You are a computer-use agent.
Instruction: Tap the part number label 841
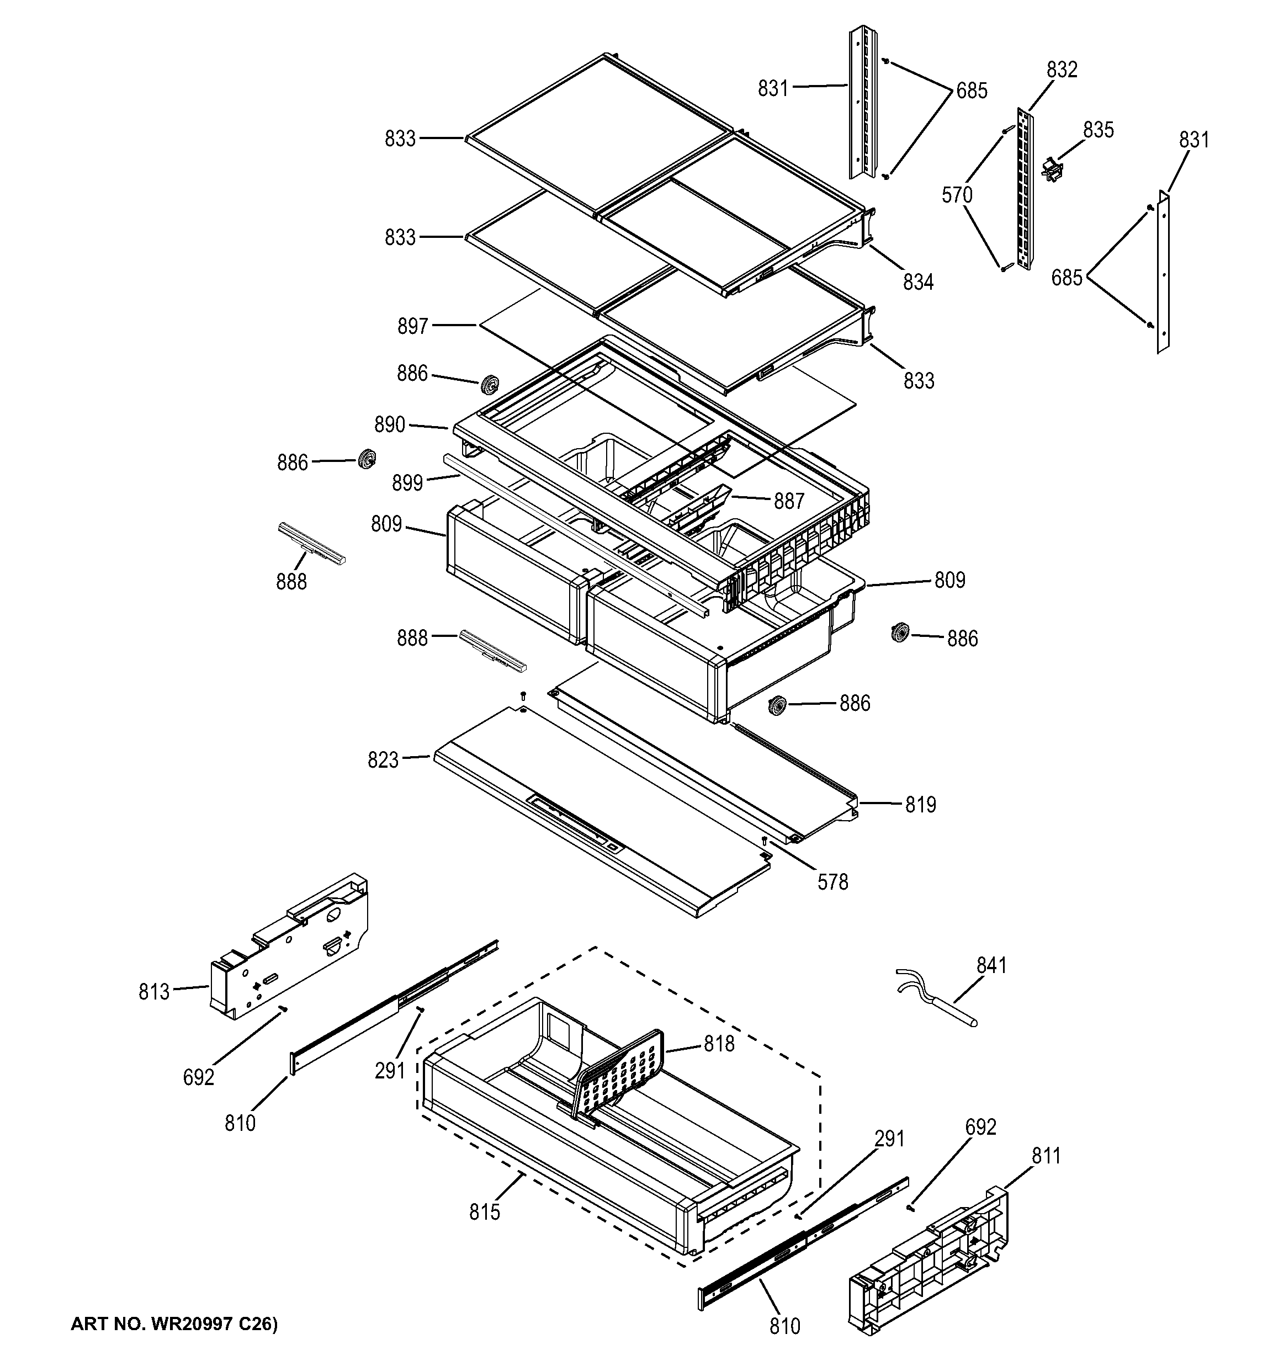991,965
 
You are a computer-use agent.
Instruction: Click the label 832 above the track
1062,70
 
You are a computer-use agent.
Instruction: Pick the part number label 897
412,326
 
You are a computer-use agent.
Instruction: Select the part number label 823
383,760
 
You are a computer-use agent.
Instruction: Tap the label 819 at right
920,804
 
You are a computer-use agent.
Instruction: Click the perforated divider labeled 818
622,1075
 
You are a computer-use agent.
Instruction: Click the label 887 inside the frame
788,501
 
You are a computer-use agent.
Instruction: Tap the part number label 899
407,483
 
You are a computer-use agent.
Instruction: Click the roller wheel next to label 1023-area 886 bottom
777,706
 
